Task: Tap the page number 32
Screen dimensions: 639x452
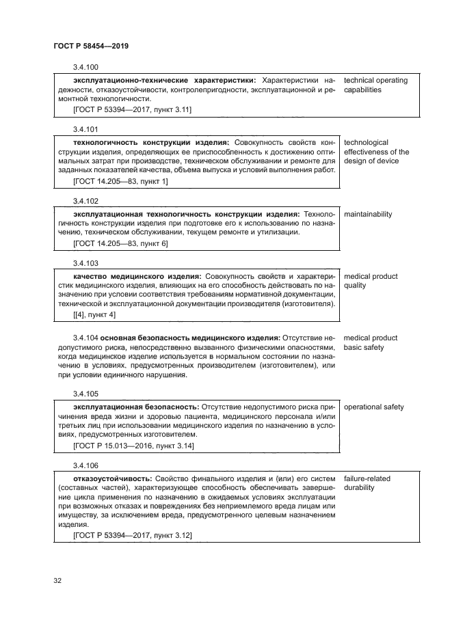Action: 57,581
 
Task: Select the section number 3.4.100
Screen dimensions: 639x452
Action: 85,67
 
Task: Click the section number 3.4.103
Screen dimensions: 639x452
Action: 85,263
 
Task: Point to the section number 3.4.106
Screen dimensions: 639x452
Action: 85,465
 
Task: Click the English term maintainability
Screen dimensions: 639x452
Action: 368,215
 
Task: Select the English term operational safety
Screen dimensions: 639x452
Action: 373,407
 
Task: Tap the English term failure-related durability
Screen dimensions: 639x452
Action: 367,483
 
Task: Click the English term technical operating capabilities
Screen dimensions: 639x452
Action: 375,85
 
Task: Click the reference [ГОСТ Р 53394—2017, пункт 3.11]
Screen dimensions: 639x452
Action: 132,109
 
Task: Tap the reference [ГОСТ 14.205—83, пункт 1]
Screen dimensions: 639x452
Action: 120,181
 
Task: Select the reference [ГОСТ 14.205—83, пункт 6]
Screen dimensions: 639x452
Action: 120,243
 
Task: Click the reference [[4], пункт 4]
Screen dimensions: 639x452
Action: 94,314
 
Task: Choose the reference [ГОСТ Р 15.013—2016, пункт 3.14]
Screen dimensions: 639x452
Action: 133,446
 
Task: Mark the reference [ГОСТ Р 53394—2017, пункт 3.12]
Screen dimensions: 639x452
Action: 132,536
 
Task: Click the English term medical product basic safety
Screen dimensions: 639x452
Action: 370,342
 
